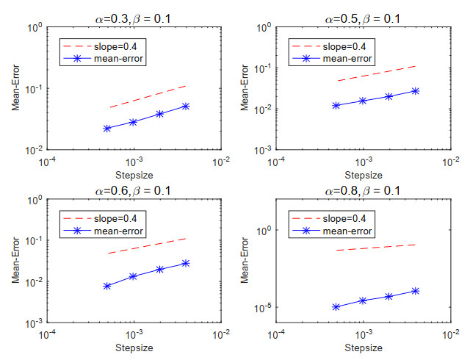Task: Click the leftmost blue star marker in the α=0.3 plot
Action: click(x=107, y=129)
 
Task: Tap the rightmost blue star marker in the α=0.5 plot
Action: click(x=416, y=91)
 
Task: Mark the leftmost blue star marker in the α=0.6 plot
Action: click(x=107, y=286)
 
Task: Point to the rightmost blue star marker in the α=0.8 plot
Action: click(x=416, y=291)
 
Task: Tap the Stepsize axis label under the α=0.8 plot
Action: click(x=362, y=347)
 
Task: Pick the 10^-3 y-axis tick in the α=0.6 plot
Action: click(x=33, y=324)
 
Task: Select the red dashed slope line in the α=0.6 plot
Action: click(x=147, y=245)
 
